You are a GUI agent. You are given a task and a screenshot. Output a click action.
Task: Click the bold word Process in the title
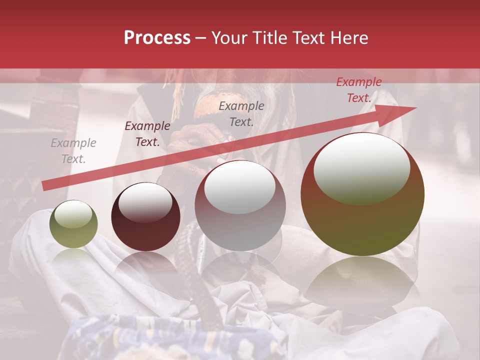point(157,38)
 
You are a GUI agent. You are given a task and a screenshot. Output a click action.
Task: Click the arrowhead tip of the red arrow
point(415,108)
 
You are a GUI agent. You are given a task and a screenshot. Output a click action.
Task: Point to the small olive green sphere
point(73,224)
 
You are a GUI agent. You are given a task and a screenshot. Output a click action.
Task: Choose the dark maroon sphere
point(145,217)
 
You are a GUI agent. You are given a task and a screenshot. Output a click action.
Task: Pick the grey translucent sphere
point(240,205)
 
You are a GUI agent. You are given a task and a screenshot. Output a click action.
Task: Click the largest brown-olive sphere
point(362,194)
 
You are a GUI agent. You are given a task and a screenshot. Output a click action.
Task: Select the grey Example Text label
point(73,151)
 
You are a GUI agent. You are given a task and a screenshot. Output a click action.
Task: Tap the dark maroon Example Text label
point(147,134)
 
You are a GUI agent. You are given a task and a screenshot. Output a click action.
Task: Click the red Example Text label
point(359,90)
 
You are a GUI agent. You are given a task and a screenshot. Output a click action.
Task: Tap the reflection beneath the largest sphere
point(363,280)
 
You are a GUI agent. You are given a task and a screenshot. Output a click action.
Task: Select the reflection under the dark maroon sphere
point(145,265)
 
